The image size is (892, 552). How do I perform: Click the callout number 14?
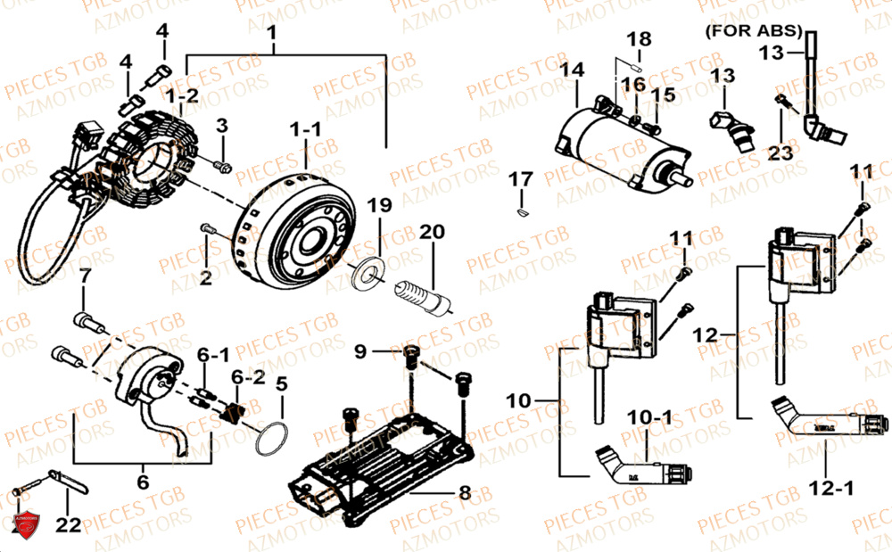pyautogui.click(x=573, y=69)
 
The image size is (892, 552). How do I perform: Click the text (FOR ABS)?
pyautogui.click(x=755, y=29)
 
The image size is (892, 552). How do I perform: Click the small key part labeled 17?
pyautogui.click(x=520, y=212)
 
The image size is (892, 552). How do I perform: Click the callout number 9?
pyautogui.click(x=359, y=352)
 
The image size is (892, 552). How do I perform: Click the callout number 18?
pyautogui.click(x=640, y=39)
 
